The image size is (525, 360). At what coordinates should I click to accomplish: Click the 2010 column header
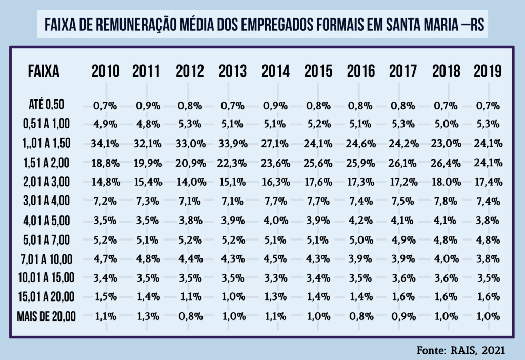point(106,71)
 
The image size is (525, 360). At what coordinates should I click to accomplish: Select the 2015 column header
point(318,71)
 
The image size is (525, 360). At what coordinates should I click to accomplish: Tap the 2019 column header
point(488,71)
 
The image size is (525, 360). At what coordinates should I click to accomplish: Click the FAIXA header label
point(44,71)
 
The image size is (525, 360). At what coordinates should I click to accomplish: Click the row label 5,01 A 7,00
point(46,239)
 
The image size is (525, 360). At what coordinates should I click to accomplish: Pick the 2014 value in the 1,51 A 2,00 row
point(276,163)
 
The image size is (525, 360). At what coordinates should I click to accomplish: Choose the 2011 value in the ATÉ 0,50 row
point(149,106)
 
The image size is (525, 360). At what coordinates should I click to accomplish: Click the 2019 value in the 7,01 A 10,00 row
point(488,259)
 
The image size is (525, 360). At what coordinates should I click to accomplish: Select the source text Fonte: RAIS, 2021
point(461,350)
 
